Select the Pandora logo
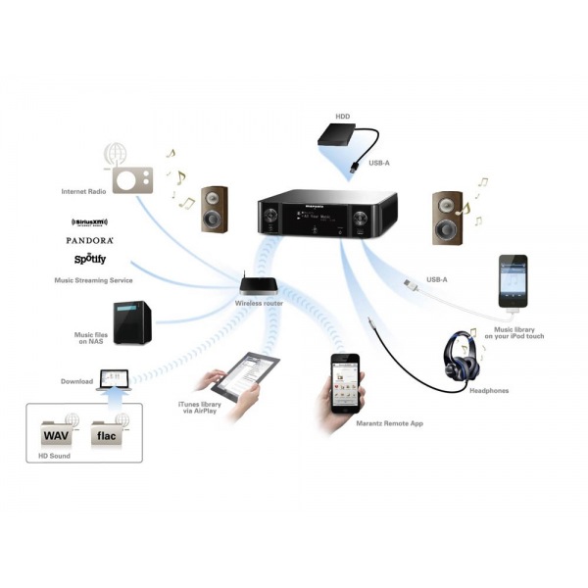tap(90, 240)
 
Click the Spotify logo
tap(90, 260)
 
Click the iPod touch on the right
tap(513, 285)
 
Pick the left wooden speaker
tap(215, 209)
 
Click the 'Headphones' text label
tap(489, 391)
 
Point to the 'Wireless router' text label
tap(259, 304)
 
